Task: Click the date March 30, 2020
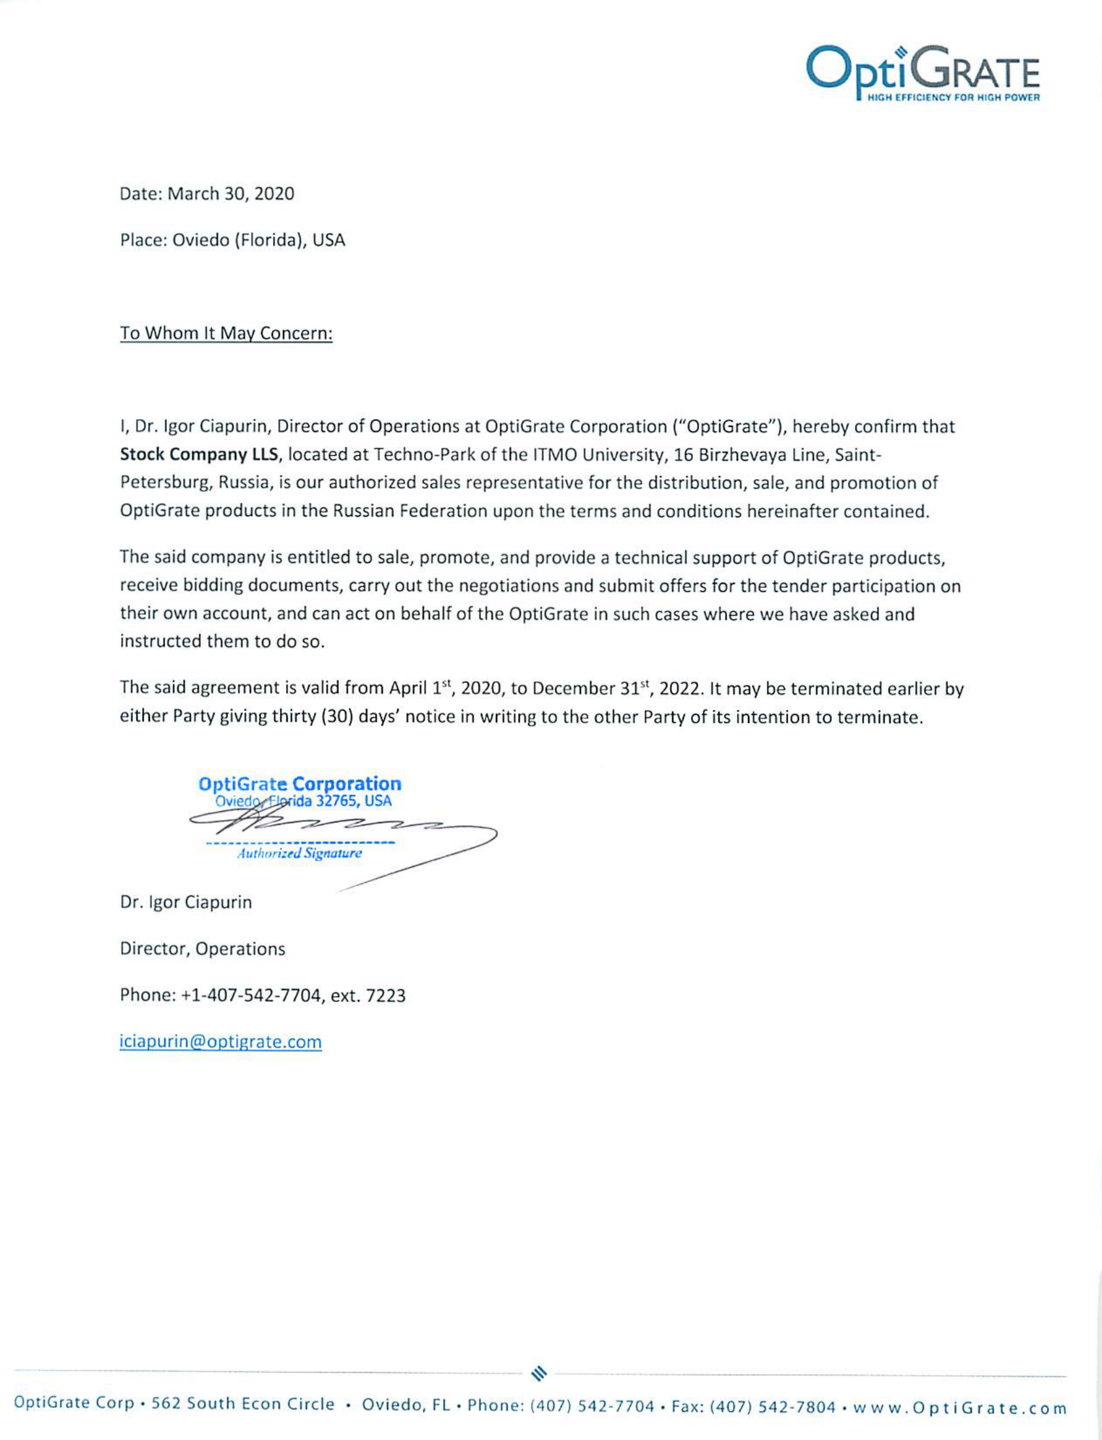point(231,194)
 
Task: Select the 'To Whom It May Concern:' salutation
point(226,333)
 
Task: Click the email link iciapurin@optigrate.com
point(221,1042)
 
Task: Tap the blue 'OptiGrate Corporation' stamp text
point(300,784)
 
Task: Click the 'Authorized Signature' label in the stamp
point(299,853)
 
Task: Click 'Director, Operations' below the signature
point(202,948)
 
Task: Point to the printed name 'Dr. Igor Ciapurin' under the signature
point(186,902)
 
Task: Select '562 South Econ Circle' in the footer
point(243,1404)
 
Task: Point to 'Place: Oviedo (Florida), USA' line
point(232,240)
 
